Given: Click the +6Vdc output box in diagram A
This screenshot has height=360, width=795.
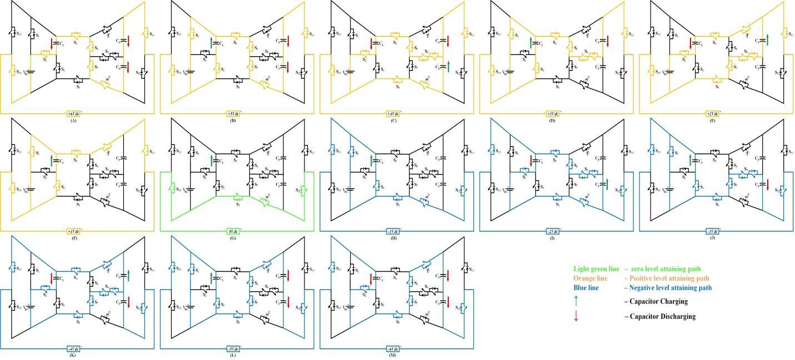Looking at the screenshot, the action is tap(73, 114).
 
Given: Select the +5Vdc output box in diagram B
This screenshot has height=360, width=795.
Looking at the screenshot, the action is tap(233, 114).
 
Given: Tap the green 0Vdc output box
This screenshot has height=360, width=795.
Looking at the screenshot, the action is tap(233, 231).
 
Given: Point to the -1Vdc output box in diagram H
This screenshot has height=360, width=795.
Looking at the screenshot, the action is tap(393, 231).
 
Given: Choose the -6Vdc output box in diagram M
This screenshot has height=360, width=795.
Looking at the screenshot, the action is tap(393, 349).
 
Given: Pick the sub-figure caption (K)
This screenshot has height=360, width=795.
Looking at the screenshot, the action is tap(73, 355).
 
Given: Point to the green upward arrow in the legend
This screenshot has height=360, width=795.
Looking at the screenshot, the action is tap(576, 301).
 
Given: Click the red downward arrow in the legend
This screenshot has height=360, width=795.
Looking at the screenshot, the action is tap(576, 316).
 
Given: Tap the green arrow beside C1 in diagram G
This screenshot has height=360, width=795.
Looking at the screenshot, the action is tap(211, 161).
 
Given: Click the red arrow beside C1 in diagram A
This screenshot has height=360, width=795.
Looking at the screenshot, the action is tap(52, 43).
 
